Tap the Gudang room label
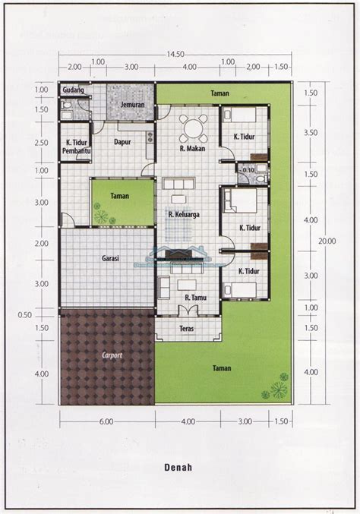point(72,90)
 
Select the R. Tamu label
point(187,299)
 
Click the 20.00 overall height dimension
point(327,241)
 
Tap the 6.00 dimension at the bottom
point(106,421)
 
